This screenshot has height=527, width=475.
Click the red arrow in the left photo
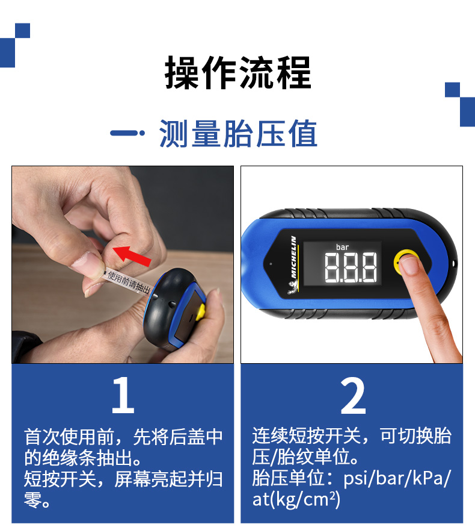[x=132, y=256]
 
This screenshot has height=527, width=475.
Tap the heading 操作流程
[x=238, y=73]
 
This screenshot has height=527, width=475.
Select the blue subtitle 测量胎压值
[x=238, y=134]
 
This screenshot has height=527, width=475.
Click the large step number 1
[x=123, y=395]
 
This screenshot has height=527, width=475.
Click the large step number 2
[x=353, y=396]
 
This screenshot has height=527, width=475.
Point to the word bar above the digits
[x=343, y=247]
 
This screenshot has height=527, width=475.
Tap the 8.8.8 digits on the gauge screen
[x=351, y=267]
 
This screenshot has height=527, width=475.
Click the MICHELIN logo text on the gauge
[x=293, y=257]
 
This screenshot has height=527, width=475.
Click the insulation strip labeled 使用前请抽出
[x=128, y=282]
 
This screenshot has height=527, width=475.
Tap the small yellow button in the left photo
[x=201, y=312]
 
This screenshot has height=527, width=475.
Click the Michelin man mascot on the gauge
[x=292, y=288]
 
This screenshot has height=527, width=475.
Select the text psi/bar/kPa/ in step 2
[x=397, y=478]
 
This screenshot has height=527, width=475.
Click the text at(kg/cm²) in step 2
[x=296, y=499]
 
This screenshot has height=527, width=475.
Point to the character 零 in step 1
[x=32, y=500]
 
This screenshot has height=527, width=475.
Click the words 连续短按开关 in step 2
[x=307, y=436]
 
